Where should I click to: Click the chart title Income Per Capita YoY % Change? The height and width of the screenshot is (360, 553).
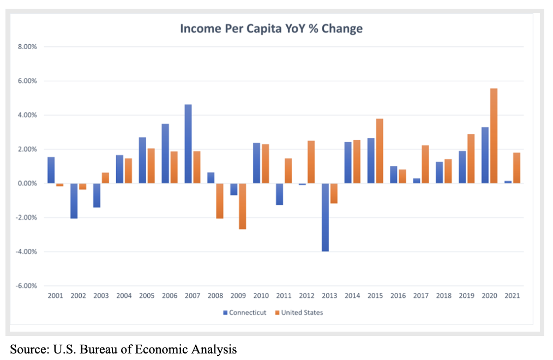coord(271,28)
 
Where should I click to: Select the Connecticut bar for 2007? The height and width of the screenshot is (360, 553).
coord(188,144)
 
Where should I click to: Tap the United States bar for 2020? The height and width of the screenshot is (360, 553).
coord(494,136)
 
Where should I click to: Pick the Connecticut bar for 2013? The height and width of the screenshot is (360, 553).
coord(326,217)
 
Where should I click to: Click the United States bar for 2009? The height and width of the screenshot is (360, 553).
coord(242,206)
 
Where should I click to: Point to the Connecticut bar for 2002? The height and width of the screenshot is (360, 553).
coord(74,201)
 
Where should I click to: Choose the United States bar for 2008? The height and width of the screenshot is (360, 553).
coord(219,201)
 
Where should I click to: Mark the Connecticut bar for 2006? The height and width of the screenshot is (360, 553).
coord(165,154)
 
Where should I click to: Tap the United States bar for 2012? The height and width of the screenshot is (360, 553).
coord(310,162)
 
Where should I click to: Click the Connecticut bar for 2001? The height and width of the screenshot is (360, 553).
coord(51,170)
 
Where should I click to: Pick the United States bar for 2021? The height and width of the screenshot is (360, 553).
coord(516,168)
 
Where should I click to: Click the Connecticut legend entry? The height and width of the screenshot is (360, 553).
coord(245,313)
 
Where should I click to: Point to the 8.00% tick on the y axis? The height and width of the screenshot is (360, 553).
coord(26,47)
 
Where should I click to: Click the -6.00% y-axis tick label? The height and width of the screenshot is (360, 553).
coord(26,286)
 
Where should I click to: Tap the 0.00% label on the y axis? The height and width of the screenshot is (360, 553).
coord(26,183)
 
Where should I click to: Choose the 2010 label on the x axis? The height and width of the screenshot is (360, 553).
coord(261,296)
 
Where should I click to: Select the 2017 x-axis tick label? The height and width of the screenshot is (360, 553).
coord(421,296)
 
